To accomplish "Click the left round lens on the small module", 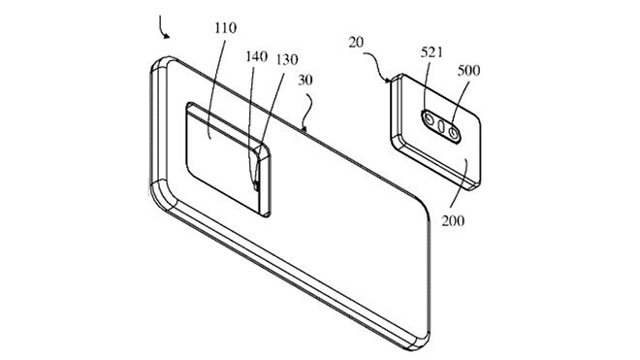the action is (428, 123).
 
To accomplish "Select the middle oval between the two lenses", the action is (441, 126).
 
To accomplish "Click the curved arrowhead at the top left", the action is (167, 36).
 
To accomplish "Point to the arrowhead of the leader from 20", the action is (390, 78).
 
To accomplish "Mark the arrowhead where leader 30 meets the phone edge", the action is (304, 129).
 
